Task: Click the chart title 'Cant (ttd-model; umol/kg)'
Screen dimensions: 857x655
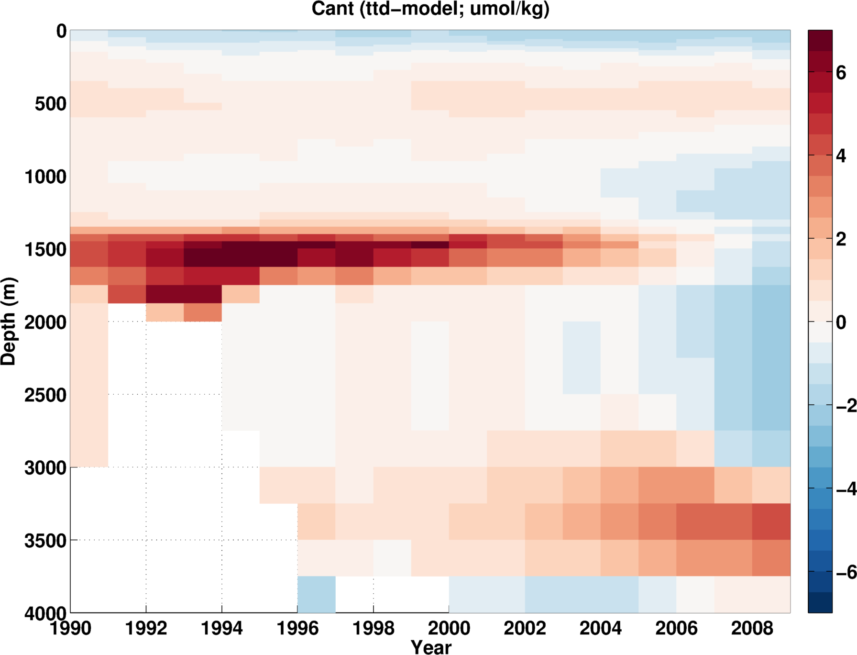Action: point(430,9)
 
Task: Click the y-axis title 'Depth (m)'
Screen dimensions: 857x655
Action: point(9,322)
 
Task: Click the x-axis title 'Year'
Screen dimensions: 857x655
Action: point(431,647)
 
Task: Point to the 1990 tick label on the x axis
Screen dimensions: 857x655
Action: point(71,628)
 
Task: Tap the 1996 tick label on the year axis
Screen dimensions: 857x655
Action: point(297,628)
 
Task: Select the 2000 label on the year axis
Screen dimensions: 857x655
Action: point(449,628)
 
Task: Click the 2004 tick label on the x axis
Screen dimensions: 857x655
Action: point(601,628)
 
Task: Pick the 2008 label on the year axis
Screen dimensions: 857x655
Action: point(752,628)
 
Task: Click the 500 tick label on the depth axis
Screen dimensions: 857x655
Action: point(51,103)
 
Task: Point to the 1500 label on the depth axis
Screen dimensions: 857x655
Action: point(45,249)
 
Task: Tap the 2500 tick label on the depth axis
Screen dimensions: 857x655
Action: point(45,395)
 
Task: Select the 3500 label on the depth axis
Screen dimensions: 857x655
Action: point(45,541)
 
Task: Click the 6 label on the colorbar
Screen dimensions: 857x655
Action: point(841,72)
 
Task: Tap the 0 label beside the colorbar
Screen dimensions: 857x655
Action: point(841,322)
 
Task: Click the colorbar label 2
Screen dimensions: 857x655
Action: point(841,239)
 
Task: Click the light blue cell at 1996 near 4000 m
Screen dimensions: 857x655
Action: point(317,594)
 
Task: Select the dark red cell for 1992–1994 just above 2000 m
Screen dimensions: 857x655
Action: point(184,294)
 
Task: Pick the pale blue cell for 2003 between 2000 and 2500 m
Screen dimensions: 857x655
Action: point(582,358)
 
